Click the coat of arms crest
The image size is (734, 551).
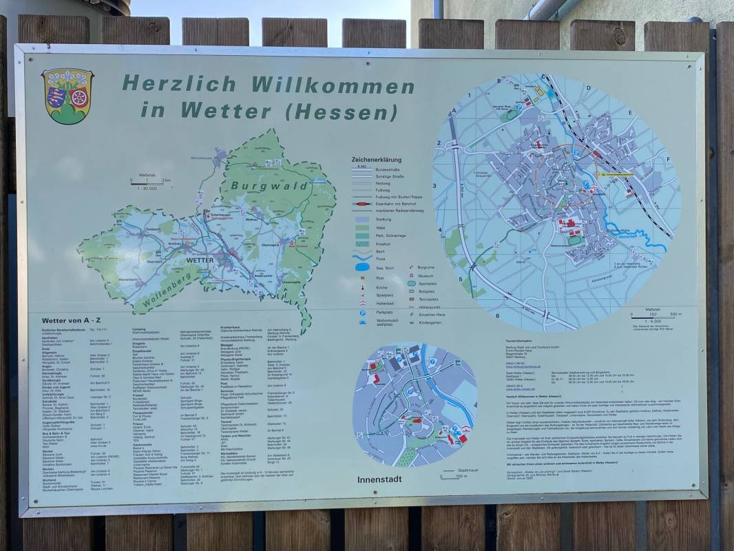coord(67,95)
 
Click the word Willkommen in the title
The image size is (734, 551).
coord(333,85)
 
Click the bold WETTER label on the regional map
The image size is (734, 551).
coord(200,261)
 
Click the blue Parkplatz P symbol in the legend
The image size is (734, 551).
coord(362,312)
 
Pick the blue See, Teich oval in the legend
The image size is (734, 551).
coord(362,267)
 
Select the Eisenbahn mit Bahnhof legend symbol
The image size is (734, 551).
coord(362,205)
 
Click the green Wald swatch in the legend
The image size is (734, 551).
coord(362,227)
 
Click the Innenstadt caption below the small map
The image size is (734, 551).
coord(379,479)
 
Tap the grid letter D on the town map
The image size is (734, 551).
coord(589,88)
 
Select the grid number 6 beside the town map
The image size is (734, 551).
coord(496,316)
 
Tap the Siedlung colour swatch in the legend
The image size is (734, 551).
coord(362,219)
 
